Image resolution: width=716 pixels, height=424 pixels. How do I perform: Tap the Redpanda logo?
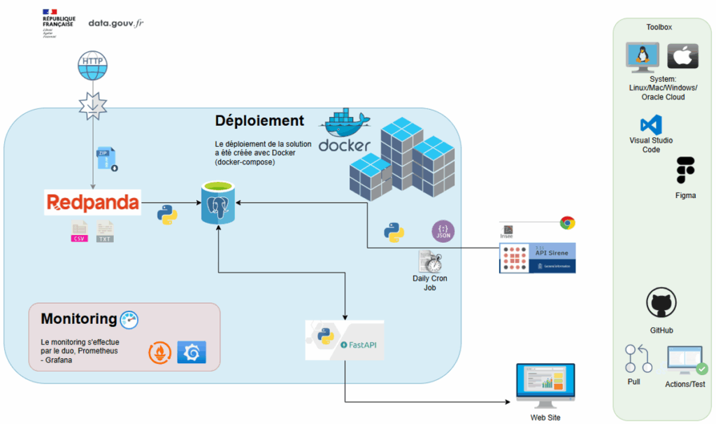[92, 203]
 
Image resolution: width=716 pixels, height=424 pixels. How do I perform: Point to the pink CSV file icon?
[80, 232]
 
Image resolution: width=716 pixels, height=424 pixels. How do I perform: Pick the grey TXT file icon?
[105, 232]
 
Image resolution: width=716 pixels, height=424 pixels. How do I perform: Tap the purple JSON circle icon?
[443, 232]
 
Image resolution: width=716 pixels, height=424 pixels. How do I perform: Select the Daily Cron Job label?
[429, 283]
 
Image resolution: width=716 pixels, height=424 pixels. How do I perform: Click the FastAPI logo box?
[345, 340]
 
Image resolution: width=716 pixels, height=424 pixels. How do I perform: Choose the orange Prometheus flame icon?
[160, 353]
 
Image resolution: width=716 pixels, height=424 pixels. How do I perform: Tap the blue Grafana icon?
[192, 353]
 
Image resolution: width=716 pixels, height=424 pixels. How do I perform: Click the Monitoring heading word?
[79, 319]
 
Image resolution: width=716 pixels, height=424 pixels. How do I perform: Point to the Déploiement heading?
[259, 120]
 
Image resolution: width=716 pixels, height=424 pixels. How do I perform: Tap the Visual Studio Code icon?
[651, 125]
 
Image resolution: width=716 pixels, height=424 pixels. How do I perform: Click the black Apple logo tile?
[682, 56]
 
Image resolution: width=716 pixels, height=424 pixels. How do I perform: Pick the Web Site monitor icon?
[545, 385]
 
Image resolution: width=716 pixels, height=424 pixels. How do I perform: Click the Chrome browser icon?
[567, 223]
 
